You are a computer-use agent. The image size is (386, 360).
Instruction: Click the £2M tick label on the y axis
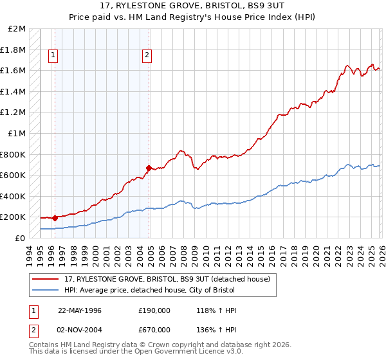[17, 29]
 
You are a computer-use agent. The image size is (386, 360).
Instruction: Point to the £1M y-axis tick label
[17, 134]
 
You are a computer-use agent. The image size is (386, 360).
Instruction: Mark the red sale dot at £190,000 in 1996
[55, 218]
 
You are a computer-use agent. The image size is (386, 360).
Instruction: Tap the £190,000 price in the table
[154, 310]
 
